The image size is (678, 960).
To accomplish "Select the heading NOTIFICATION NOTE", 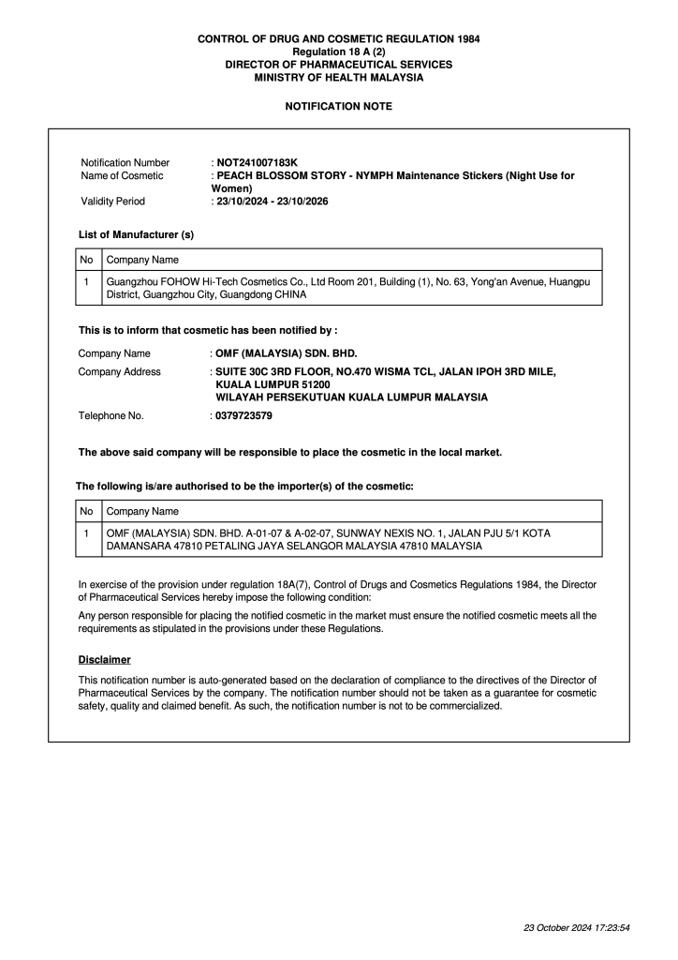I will (338, 106).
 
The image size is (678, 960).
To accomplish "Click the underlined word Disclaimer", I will (104, 659).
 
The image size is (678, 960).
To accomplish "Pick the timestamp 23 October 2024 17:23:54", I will (576, 927).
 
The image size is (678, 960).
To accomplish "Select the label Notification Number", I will (125, 162).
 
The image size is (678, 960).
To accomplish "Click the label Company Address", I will (119, 371).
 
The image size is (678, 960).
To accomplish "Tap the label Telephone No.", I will (111, 415).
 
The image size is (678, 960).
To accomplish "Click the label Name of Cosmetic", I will (122, 175).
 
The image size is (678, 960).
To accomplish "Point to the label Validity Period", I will (112, 201).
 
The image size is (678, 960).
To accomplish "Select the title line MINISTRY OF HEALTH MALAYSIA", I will (338, 77).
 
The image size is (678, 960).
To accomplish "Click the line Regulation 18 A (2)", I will (338, 52).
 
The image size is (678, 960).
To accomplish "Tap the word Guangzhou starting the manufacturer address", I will (132, 280).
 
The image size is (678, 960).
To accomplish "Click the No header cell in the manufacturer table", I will (86, 260).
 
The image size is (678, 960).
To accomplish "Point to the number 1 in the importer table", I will (86, 532).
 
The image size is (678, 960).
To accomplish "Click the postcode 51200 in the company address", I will (312, 384).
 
